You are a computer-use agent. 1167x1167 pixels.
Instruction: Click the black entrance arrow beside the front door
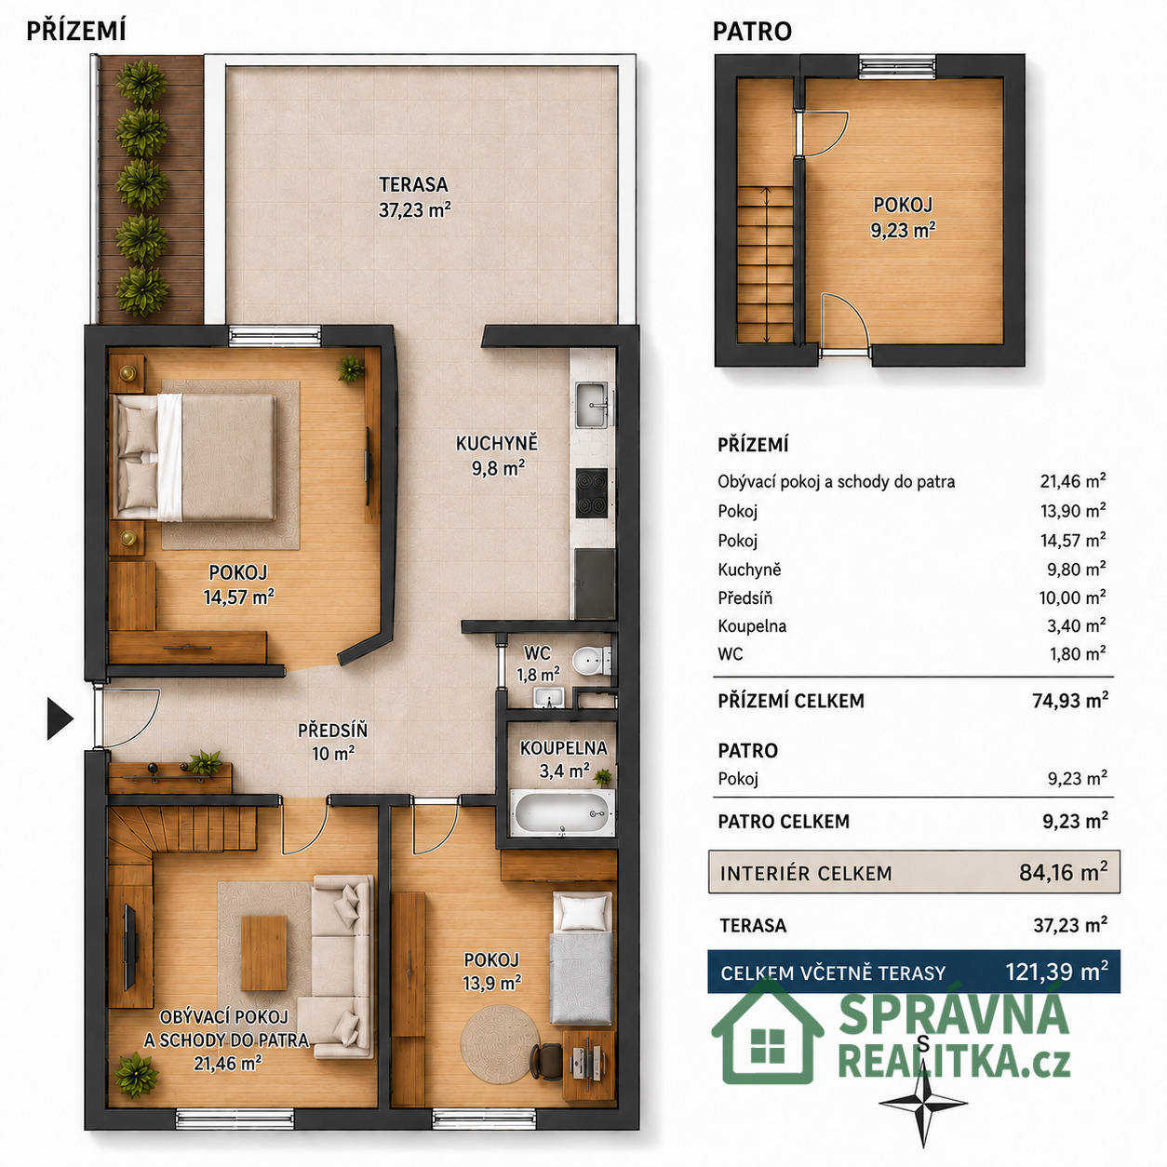pyautogui.click(x=60, y=718)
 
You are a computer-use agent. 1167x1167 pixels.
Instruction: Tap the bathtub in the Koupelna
pyautogui.click(x=563, y=812)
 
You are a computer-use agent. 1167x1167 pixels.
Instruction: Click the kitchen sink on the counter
pyautogui.click(x=591, y=405)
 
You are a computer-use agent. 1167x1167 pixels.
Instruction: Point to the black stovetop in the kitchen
pyautogui.click(x=591, y=493)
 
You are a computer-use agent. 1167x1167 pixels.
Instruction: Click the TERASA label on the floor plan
pyautogui.click(x=413, y=184)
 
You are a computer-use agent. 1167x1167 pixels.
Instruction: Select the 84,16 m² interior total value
pyautogui.click(x=1064, y=873)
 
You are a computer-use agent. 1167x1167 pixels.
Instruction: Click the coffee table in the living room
pyautogui.click(x=264, y=953)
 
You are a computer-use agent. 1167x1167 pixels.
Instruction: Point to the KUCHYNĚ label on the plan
pyautogui.click(x=497, y=443)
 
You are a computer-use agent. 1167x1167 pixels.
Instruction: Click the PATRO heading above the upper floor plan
pyautogui.click(x=752, y=32)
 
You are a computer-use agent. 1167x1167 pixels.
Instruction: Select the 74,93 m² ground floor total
pyautogui.click(x=1070, y=701)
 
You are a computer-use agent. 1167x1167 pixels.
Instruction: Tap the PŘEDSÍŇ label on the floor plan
pyautogui.click(x=332, y=731)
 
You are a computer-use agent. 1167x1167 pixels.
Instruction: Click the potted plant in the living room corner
pyautogui.click(x=137, y=1074)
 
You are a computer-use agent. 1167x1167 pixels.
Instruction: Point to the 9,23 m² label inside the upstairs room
pyautogui.click(x=903, y=230)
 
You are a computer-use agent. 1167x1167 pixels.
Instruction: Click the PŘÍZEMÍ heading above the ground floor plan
pyautogui.click(x=76, y=31)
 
